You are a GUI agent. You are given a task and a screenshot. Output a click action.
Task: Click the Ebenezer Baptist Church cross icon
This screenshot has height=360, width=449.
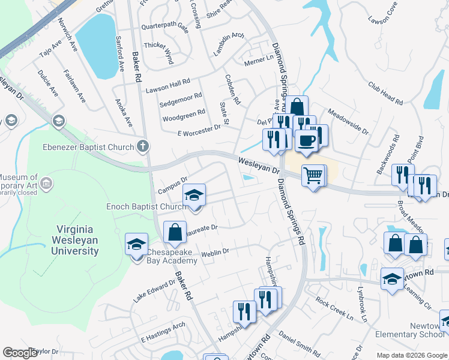[x=142, y=146]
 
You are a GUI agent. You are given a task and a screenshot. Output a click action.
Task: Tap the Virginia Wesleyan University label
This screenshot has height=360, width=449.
[x=77, y=239]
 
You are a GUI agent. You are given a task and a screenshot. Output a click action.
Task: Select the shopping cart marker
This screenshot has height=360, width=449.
[x=312, y=176]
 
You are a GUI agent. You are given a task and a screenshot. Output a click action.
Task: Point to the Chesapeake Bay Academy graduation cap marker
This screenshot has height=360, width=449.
[x=136, y=244]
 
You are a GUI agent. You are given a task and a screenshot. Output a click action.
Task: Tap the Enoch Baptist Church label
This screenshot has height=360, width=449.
[x=146, y=207]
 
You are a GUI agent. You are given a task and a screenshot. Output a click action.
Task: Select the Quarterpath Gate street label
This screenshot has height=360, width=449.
[x=164, y=28]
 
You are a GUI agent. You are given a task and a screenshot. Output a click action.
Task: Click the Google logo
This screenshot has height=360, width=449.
[x=20, y=353]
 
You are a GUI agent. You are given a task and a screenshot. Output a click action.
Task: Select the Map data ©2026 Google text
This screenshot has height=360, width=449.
[x=411, y=355]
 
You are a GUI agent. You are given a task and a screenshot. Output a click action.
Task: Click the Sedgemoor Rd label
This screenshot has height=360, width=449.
[x=181, y=100]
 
